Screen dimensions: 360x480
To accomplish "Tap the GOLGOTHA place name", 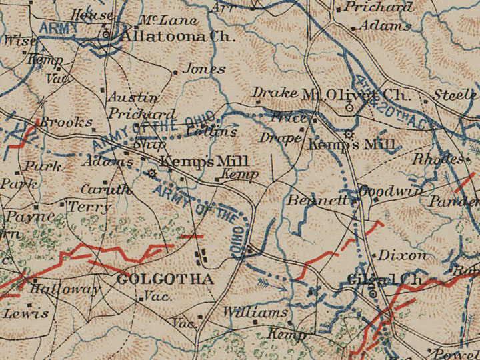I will coord(165,279).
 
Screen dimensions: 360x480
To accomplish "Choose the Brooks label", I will coord(65,122).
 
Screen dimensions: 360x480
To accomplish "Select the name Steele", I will coord(457,95).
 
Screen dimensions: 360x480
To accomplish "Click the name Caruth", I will coord(107,189).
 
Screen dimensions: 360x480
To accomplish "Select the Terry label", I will coord(89,207).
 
